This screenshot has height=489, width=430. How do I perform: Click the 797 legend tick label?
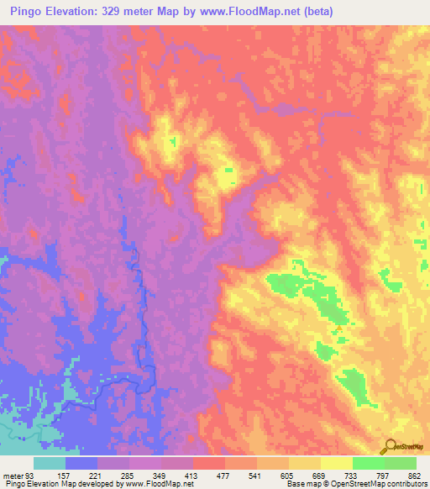tap(385, 474)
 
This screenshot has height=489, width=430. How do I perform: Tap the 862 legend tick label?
tap(414, 474)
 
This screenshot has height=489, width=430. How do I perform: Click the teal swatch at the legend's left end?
tap(50, 462)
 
